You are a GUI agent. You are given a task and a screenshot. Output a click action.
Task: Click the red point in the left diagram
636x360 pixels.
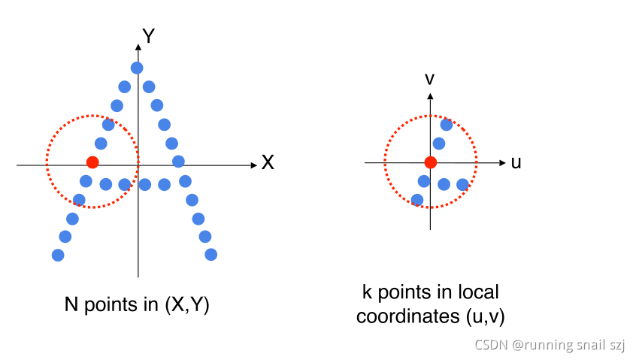coord(92,162)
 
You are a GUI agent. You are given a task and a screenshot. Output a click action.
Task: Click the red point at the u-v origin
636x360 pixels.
coord(430,162)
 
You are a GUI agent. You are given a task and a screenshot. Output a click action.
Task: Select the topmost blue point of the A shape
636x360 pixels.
coord(137,68)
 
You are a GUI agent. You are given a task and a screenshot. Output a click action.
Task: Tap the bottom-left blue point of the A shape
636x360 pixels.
coord(58,255)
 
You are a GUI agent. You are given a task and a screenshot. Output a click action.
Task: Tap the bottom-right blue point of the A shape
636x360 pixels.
coord(211,255)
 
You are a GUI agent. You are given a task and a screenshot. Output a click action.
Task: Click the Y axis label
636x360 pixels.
coord(149,36)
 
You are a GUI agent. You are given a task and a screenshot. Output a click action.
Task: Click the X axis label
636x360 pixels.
coord(267,162)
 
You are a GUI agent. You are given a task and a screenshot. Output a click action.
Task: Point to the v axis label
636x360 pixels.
coord(430,78)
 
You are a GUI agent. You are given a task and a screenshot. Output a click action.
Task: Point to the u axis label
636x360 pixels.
coord(516,162)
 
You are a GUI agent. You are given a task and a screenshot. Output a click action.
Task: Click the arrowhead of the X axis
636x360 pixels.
coord(253,162)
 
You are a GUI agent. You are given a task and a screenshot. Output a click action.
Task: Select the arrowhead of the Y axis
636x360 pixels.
coord(138,48)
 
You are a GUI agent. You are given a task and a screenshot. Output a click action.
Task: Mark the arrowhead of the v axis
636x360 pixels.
coord(430,96)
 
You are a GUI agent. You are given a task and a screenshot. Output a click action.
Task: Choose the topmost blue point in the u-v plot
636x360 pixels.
coord(446,124)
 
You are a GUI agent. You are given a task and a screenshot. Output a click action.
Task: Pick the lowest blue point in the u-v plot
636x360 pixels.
coord(417,200)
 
